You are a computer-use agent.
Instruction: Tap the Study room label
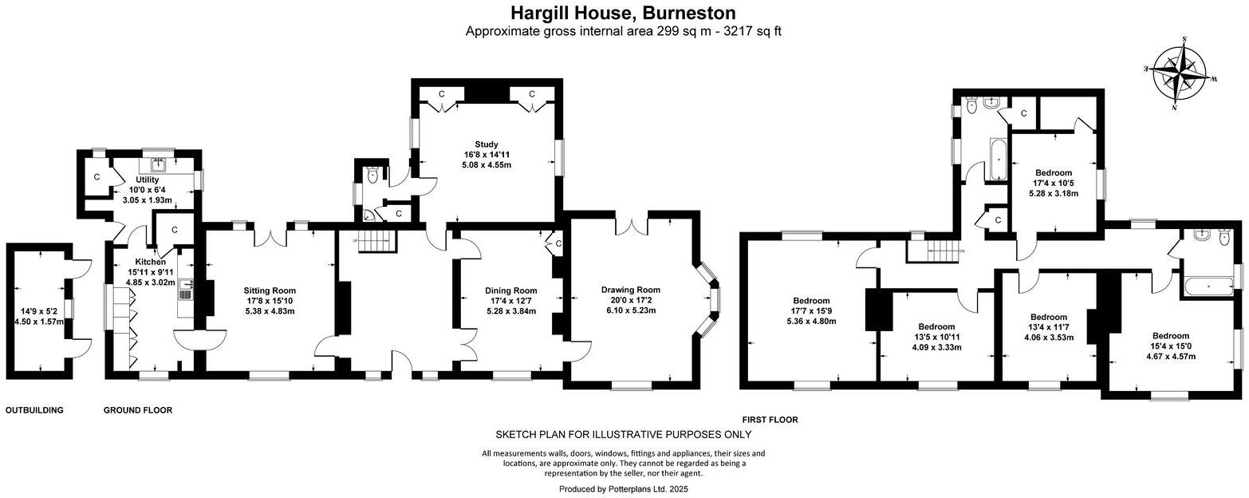[486, 144]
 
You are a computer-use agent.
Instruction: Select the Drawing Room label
[630, 290]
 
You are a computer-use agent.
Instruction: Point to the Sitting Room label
[270, 290]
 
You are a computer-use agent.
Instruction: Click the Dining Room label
[510, 290]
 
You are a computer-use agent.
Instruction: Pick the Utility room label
[147, 180]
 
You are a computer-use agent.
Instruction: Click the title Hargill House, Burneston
[623, 13]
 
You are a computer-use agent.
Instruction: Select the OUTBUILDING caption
[34, 410]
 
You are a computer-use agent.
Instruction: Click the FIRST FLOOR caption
[770, 420]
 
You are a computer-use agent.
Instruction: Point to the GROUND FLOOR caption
[138, 410]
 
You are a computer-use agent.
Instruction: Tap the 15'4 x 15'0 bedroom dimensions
[1170, 346]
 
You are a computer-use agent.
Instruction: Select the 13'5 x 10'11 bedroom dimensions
[936, 337]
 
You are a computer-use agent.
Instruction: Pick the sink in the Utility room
[158, 165]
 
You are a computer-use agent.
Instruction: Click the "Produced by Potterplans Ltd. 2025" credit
[623, 488]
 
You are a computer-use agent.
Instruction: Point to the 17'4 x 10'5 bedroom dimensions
[1053, 183]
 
